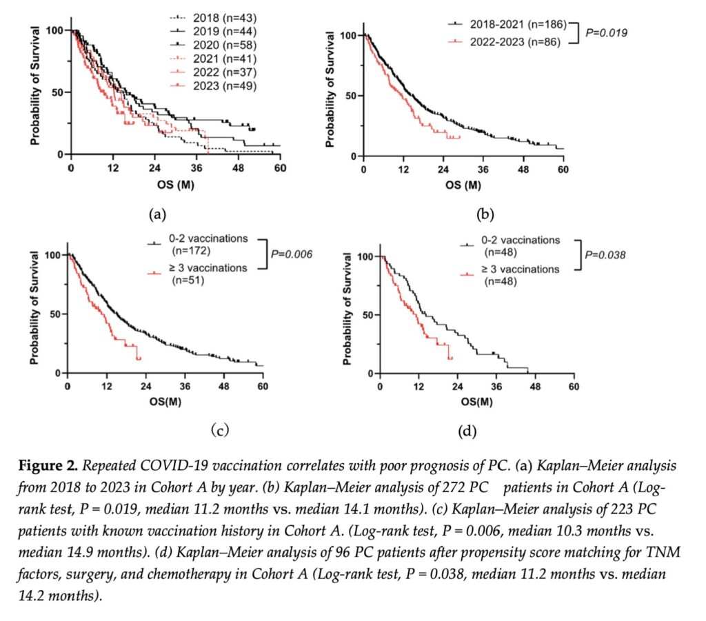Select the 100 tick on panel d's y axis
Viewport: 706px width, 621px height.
click(x=367, y=256)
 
